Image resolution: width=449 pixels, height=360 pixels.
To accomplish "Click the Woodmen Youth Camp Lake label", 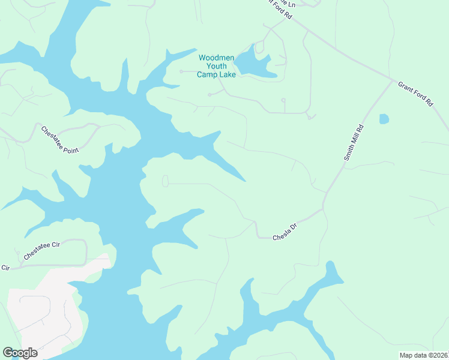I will (217, 66).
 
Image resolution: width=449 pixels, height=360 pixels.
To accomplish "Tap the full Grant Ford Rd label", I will (415, 94).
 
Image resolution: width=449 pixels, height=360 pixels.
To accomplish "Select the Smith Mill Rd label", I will (354, 142).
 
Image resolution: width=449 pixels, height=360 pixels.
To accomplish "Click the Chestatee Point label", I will (60, 140).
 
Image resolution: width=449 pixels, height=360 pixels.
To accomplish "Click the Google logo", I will (20, 353).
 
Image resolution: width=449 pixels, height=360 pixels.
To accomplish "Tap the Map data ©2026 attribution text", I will (423, 355).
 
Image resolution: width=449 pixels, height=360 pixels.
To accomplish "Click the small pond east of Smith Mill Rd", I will (384, 119).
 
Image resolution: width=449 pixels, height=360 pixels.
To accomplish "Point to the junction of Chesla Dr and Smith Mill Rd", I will (323, 209).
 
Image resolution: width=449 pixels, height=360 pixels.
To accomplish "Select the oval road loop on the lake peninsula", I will (165, 181).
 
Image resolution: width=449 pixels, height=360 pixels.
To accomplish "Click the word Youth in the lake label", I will (217, 66).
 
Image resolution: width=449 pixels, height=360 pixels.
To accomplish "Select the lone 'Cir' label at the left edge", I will (6, 268).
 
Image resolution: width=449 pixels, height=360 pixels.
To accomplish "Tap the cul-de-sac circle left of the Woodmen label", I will (181, 71).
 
